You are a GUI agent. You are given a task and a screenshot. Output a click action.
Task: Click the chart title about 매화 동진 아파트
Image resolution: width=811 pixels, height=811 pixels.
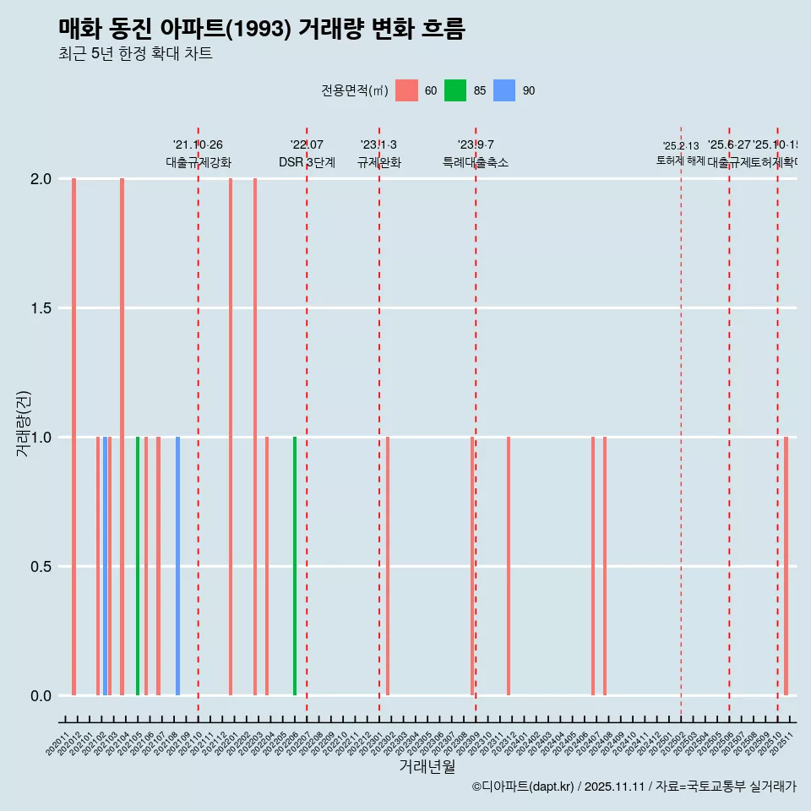click(262, 29)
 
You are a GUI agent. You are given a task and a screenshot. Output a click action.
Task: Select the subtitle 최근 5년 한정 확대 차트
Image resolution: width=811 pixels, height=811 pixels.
click(135, 54)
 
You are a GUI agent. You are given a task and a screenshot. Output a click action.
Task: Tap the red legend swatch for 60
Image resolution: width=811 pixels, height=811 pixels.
click(406, 90)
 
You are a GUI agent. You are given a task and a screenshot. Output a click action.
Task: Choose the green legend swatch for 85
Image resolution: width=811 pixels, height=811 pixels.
click(455, 90)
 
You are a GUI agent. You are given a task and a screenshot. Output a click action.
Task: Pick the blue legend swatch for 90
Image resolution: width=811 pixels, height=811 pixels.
click(504, 90)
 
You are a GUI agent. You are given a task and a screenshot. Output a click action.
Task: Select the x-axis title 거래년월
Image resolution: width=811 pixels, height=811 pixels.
click(427, 767)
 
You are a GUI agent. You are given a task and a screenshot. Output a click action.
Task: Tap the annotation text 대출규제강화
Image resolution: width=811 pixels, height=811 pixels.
click(199, 162)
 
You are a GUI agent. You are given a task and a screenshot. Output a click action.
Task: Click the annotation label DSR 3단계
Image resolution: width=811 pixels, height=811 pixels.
click(307, 162)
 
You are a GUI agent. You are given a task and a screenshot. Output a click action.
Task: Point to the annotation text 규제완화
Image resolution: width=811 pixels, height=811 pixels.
click(378, 162)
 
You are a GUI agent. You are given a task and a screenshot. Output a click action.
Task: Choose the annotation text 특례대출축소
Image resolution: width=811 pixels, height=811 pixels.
click(476, 162)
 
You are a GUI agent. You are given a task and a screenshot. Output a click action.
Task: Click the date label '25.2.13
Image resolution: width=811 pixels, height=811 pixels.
click(681, 146)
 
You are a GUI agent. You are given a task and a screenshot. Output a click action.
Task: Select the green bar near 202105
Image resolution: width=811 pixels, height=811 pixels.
click(138, 566)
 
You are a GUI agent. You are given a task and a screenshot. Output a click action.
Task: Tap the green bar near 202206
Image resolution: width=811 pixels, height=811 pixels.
click(295, 566)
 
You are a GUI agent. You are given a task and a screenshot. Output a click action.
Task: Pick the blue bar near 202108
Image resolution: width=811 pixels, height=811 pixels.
click(177, 566)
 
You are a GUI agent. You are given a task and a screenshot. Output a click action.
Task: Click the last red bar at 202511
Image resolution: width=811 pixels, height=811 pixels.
click(786, 566)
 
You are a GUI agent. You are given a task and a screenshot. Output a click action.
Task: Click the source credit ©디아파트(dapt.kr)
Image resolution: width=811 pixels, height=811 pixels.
click(524, 787)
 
